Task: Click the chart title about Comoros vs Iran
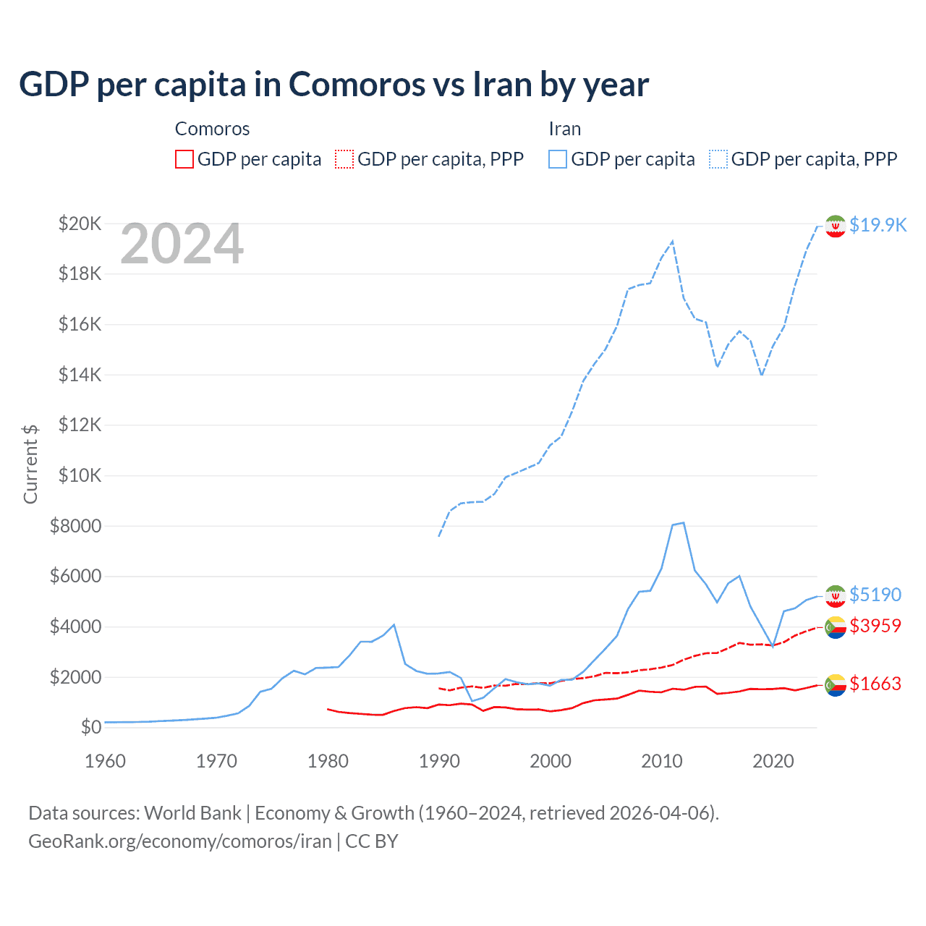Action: coord(334,85)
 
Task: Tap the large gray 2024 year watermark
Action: coord(182,245)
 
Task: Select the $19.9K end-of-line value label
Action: coord(878,225)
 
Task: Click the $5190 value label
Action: coord(875,595)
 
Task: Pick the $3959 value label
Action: coord(875,626)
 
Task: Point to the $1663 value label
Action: coord(875,684)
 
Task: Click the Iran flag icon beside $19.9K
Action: coord(836,226)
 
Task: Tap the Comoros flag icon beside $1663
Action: coord(836,684)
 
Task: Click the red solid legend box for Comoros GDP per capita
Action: coord(184,159)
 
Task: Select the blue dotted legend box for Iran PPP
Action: coord(718,159)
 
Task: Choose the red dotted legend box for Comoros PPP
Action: coord(344,159)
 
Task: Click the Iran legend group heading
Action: coord(564,129)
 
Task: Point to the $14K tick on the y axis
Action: coord(80,375)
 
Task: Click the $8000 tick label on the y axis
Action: coord(75,526)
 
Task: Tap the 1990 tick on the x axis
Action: coord(439,761)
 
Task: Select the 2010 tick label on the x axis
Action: coord(662,761)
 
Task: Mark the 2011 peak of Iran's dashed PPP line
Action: coord(673,241)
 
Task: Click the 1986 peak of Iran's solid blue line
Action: coord(394,624)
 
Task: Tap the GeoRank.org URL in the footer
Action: coord(179,841)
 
